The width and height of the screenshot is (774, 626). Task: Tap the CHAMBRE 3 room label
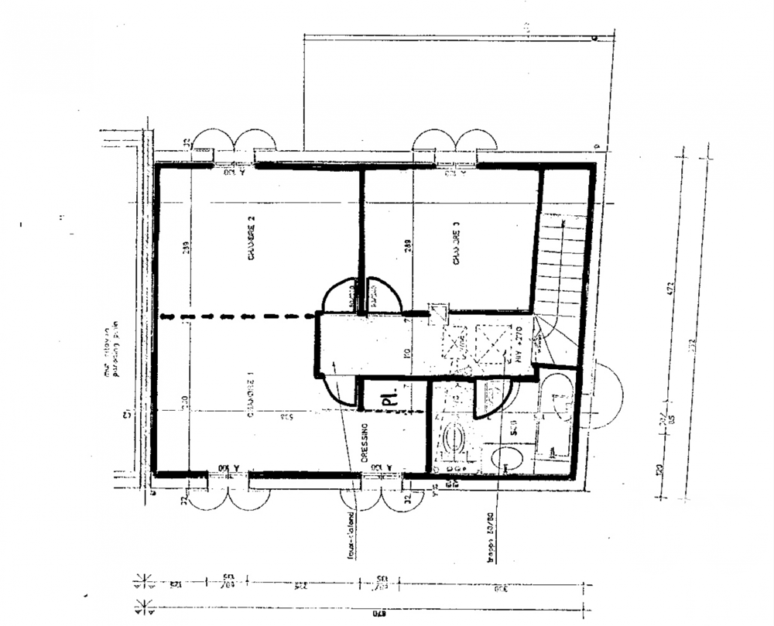pyautogui.click(x=457, y=244)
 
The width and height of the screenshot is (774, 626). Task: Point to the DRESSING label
pyautogui.click(x=365, y=445)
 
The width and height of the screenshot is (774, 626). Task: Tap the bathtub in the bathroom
pyautogui.click(x=556, y=418)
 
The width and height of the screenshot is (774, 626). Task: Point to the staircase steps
pyautogui.click(x=561, y=263)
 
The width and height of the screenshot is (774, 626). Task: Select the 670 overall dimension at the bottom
pyautogui.click(x=378, y=615)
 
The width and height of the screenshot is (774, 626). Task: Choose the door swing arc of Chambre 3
pyautogui.click(x=385, y=294)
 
